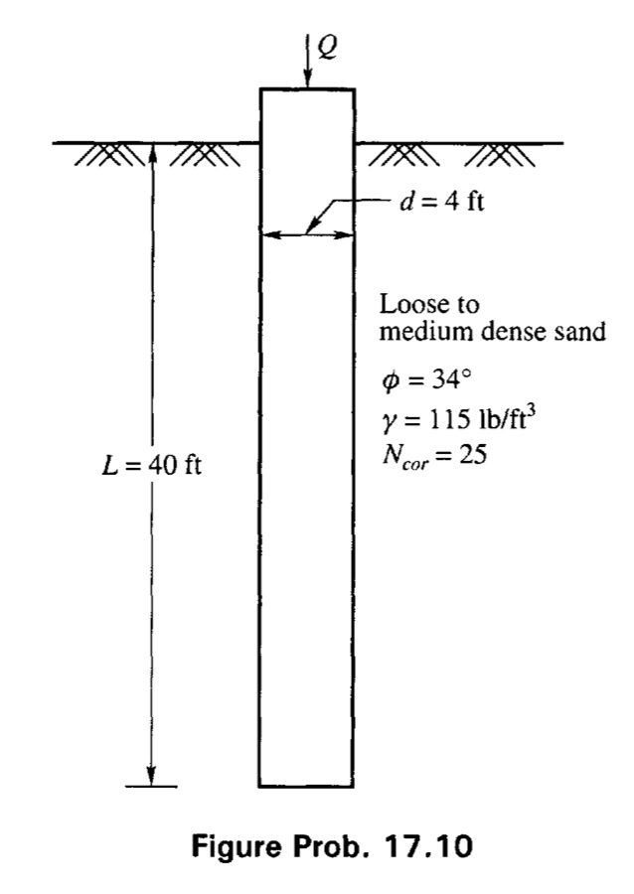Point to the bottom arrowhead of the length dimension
pyautogui.click(x=150, y=775)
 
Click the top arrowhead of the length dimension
pyautogui.click(x=150, y=152)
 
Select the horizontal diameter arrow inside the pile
pyautogui.click(x=307, y=235)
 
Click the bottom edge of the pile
pyautogui.click(x=307, y=786)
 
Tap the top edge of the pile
pyautogui.click(x=307, y=89)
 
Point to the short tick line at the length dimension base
pyautogui.click(x=150, y=787)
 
